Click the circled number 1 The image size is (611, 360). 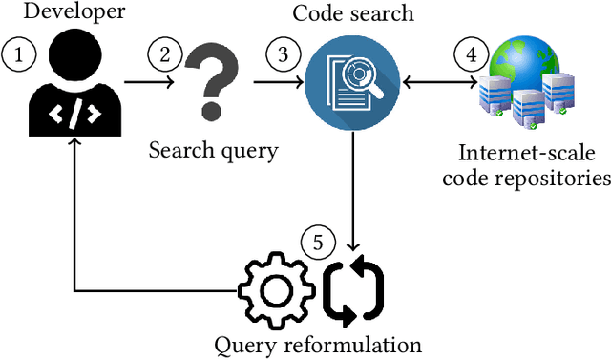point(19,55)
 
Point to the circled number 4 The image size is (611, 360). point(470,55)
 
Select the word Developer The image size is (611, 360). point(65,12)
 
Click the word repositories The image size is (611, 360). point(560,178)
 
